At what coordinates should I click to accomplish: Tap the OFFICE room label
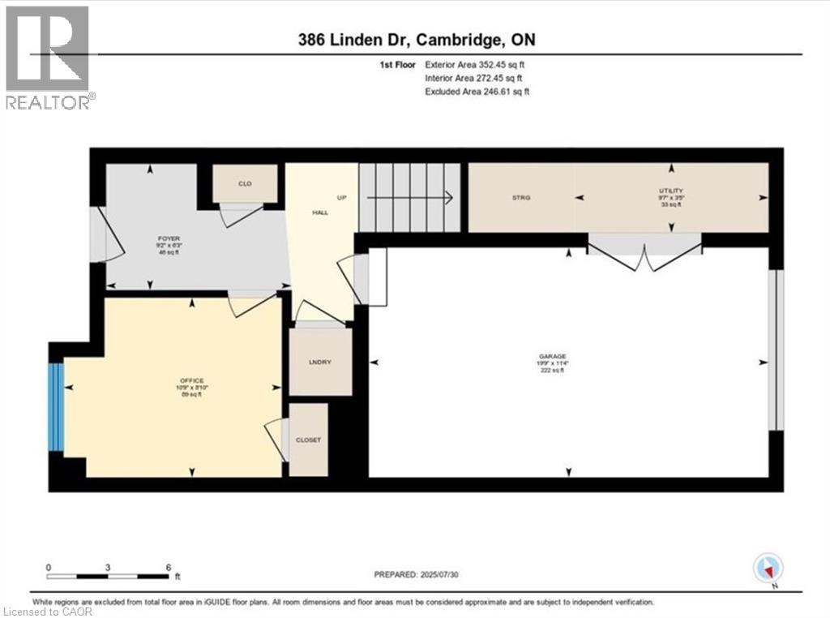(192, 381)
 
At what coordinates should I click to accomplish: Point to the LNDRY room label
(320, 362)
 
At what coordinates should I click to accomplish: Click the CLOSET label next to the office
(309, 440)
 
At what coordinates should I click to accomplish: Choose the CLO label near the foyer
(245, 184)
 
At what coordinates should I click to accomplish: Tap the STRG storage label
(520, 197)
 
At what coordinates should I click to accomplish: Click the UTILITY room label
(670, 191)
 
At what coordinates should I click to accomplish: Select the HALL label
(320, 212)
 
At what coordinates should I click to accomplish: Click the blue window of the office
(56, 406)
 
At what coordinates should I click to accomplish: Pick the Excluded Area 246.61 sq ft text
(477, 92)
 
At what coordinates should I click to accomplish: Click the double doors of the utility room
(644, 253)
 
